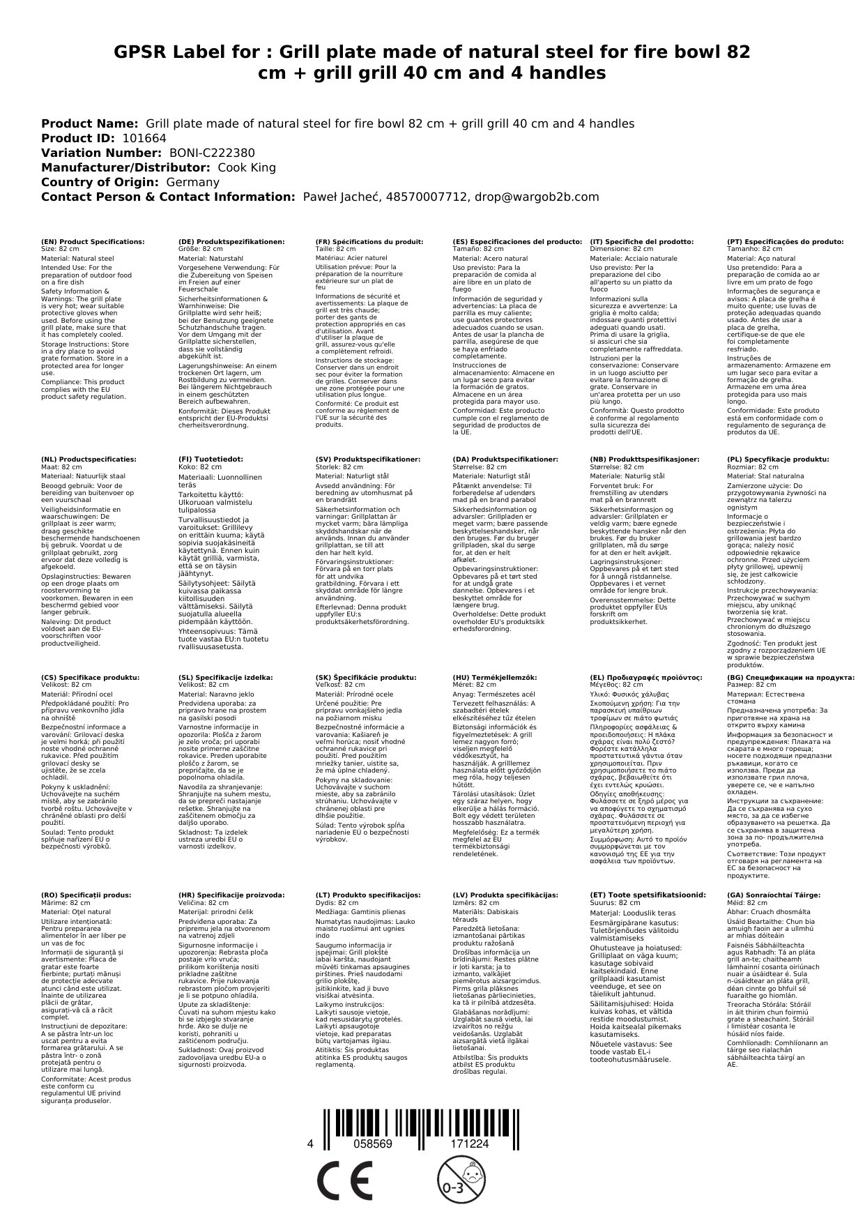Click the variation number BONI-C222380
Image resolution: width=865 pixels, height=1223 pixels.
(x=212, y=153)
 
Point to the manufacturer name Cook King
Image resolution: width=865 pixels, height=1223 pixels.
(x=247, y=167)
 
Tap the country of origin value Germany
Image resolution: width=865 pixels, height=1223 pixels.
(x=192, y=182)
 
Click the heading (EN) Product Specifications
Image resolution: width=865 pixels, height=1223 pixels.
(x=93, y=241)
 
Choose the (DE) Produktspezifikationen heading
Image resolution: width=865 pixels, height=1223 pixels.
(x=231, y=241)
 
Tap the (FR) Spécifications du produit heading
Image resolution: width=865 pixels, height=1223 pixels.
(x=369, y=241)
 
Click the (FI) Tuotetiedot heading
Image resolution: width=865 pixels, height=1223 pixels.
(x=210, y=459)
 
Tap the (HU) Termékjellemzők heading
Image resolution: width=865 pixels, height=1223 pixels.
(x=495, y=677)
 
